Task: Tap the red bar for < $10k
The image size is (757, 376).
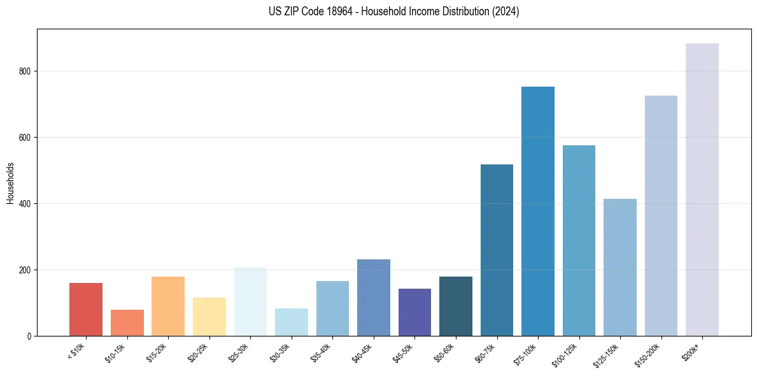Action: (86, 310)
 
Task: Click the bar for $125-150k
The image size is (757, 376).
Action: (619, 268)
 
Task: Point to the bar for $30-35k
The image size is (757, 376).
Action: (291, 322)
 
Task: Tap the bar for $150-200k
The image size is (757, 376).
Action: (661, 216)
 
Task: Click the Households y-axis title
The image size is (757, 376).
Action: (10, 183)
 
